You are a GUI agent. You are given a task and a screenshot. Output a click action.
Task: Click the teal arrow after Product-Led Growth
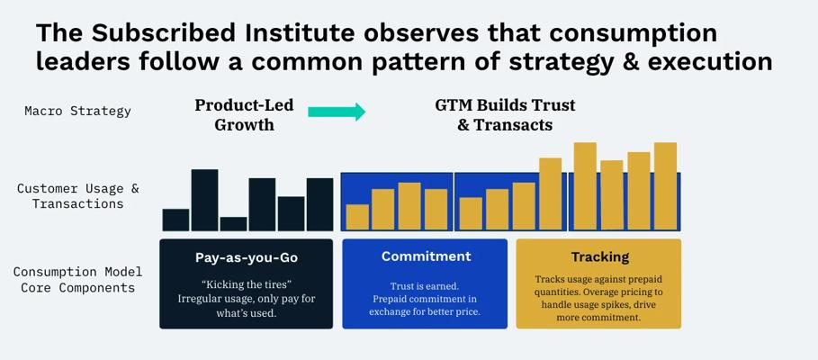(337, 112)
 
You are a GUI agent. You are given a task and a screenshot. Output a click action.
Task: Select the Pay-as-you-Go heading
(246, 257)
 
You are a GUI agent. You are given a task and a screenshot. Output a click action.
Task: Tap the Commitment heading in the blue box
(426, 256)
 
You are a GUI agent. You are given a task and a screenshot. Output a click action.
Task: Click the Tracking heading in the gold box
(600, 256)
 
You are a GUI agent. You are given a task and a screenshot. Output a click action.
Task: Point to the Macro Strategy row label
(77, 111)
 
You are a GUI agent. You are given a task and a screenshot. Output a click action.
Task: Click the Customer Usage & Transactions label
(77, 195)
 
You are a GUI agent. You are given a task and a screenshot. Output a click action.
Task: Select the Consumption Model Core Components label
(77, 280)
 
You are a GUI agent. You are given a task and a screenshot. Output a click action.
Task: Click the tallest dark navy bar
(204, 200)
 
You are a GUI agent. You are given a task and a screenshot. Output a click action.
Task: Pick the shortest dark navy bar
(233, 224)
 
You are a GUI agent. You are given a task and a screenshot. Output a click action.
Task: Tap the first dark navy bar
(175, 220)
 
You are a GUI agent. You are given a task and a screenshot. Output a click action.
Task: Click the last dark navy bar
(319, 204)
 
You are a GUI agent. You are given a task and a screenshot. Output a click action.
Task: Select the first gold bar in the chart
(357, 217)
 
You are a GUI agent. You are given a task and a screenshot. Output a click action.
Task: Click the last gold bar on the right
(665, 185)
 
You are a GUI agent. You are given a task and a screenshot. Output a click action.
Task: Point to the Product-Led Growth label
(244, 115)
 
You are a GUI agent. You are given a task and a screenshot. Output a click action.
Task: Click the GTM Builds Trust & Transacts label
(505, 115)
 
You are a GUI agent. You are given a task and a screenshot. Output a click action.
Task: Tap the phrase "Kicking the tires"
(245, 286)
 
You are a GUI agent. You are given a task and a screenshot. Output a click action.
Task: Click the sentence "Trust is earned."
(425, 286)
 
